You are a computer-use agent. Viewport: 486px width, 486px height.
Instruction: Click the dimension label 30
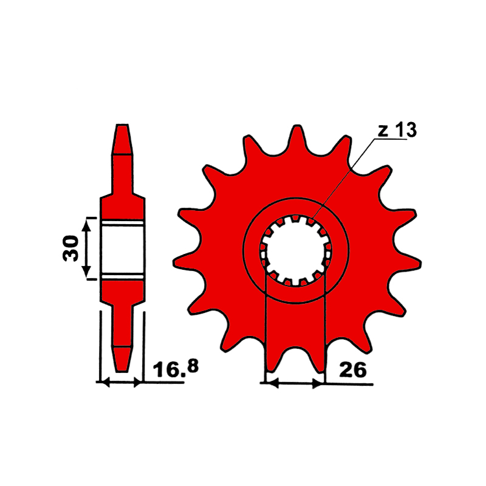(70, 248)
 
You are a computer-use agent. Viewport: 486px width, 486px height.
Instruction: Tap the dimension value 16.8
(176, 368)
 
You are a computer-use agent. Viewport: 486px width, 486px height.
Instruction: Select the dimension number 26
(353, 370)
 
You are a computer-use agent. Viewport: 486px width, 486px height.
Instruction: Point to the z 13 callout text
(397, 130)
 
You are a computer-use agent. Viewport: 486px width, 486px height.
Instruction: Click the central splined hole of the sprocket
(296, 250)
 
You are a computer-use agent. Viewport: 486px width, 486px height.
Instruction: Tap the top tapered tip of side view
(122, 139)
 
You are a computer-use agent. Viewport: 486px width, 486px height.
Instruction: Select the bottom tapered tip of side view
(122, 359)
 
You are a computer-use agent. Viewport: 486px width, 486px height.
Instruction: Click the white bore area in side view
(123, 250)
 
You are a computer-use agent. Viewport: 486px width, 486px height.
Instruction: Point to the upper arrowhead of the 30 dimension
(86, 226)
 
